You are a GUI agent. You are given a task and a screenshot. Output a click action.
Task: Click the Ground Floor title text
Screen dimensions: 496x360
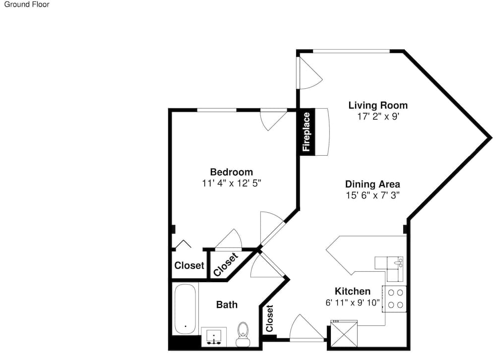(27, 4)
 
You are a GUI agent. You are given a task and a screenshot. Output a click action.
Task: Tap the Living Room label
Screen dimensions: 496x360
(378, 105)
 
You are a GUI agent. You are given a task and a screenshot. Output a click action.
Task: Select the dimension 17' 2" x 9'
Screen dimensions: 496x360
(378, 117)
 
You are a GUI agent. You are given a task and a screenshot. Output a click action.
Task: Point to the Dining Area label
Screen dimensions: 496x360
(372, 184)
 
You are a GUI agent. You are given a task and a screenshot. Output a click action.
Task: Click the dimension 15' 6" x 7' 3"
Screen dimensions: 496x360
(372, 195)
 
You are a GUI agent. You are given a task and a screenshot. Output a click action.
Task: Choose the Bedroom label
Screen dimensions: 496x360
(232, 172)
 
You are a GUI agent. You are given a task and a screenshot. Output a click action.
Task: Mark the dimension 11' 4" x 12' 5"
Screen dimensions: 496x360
(232, 183)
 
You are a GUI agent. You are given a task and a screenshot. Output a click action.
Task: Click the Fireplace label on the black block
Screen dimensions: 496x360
(306, 132)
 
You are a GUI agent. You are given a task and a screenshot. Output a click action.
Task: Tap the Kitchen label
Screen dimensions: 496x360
(352, 291)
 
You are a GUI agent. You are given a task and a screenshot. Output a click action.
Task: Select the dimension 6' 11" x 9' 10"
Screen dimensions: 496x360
(352, 303)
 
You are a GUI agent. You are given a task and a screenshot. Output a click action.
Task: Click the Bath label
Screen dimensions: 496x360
(227, 304)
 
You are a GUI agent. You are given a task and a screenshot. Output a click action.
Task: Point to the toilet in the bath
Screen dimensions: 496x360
(243, 334)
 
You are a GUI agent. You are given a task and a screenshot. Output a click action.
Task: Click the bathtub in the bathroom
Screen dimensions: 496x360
(186, 309)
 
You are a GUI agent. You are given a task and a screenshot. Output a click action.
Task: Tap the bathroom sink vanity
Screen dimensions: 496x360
(214, 337)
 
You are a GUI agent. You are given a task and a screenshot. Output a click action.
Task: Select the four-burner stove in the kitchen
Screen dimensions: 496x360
(395, 299)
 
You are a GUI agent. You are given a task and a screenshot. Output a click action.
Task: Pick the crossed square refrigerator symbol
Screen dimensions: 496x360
(344, 334)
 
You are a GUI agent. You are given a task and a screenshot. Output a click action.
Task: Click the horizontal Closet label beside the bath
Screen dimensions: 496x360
(189, 265)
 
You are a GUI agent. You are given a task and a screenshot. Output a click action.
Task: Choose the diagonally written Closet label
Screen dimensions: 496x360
(226, 264)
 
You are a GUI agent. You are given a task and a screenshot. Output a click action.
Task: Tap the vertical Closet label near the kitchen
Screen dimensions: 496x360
(269, 318)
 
